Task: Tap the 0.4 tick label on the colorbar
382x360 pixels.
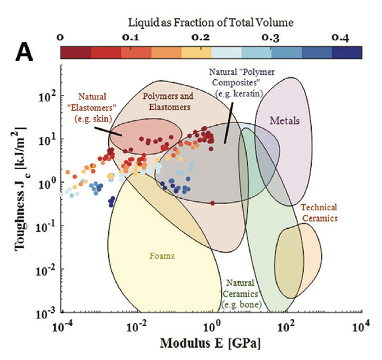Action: click(x=340, y=38)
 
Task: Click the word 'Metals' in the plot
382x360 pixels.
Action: click(x=284, y=120)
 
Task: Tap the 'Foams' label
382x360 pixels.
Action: click(x=162, y=256)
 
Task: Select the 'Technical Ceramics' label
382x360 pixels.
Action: click(x=318, y=212)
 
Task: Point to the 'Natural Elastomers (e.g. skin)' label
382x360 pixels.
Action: click(x=94, y=107)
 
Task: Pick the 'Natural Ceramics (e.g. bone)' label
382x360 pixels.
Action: click(x=240, y=293)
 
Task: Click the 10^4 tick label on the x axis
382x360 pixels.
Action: click(x=360, y=326)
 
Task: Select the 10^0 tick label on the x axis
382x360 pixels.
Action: click(x=211, y=326)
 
